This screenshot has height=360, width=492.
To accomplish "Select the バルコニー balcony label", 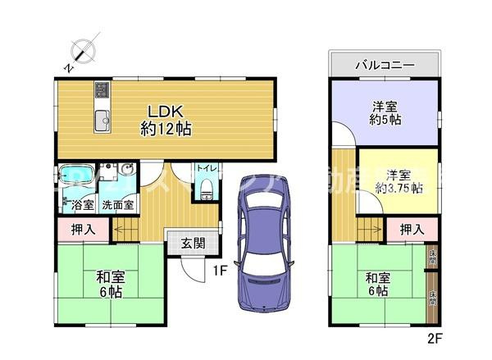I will click(384, 65).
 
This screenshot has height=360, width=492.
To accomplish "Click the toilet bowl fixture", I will click(206, 189).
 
